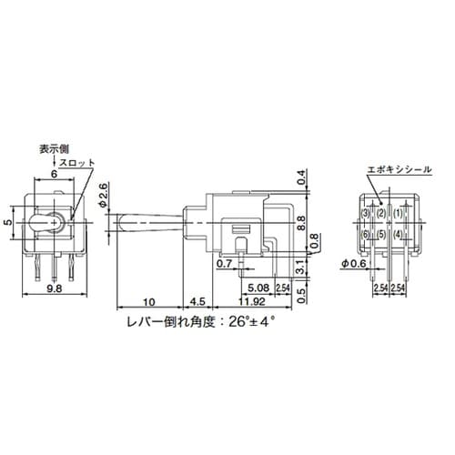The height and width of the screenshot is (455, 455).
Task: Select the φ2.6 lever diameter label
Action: click(105, 194)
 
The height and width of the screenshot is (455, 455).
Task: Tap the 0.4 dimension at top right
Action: click(301, 177)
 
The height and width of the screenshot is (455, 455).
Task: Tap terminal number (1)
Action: click(398, 213)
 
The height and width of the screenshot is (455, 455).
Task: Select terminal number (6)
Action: click(365, 234)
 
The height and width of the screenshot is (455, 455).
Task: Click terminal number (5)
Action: click(381, 234)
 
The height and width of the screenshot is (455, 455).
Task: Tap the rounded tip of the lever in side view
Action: click(119, 222)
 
